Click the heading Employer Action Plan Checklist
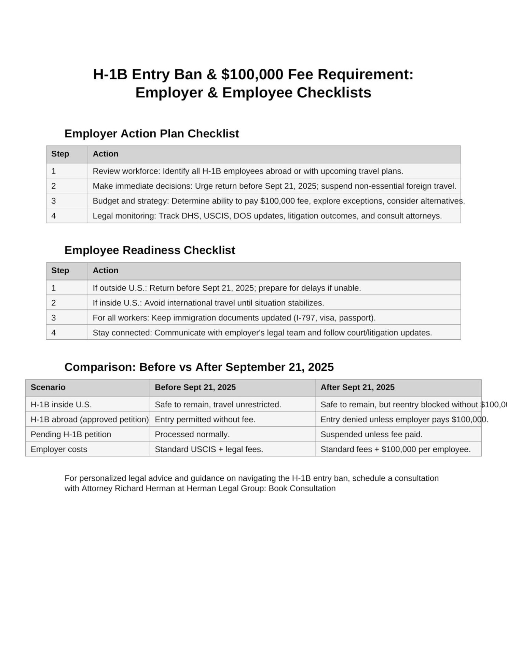pyautogui.click(x=151, y=133)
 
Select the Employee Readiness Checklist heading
pyautogui.click(x=150, y=250)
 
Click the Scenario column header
pyautogui.click(x=48, y=387)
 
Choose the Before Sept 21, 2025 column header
pyautogui.click(x=195, y=387)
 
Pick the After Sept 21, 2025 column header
pyautogui.click(x=357, y=387)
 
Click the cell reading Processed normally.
pyautogui.click(x=192, y=434)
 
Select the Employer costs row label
pyautogui.click(x=59, y=449)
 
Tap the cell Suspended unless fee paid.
pyautogui.click(x=371, y=434)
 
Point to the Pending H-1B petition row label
pyautogui.click(x=71, y=434)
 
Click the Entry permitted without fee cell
pyautogui.click(x=205, y=419)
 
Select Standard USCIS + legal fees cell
pyautogui.click(x=209, y=449)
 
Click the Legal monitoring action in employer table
pyautogui.click(x=267, y=216)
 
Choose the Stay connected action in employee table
pyautogui.click(x=262, y=333)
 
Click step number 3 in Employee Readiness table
pyautogui.click(x=54, y=318)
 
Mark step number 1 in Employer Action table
pyautogui.click(x=54, y=171)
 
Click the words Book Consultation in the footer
pyautogui.click(x=302, y=488)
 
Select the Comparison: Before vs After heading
pyautogui.click(x=199, y=367)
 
